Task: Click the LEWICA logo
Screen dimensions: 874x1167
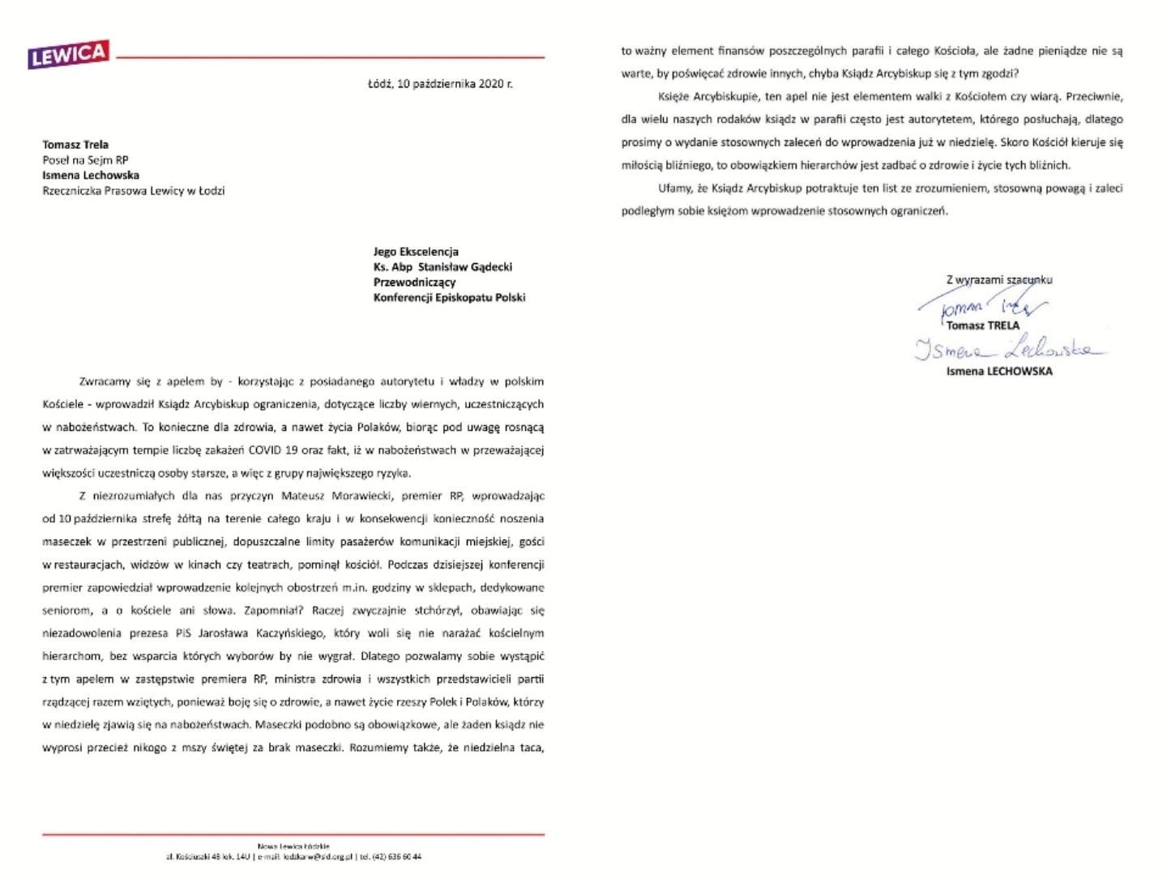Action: point(69,54)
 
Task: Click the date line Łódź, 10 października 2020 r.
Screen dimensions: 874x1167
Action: point(440,83)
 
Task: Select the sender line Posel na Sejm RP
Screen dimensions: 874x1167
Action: point(85,160)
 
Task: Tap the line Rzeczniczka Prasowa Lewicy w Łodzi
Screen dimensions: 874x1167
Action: point(134,190)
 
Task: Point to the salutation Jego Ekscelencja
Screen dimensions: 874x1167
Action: point(416,251)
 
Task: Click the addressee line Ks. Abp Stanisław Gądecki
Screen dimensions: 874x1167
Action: point(442,266)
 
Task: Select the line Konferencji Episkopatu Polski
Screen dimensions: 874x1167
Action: point(449,297)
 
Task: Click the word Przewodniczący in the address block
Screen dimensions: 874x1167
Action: point(414,282)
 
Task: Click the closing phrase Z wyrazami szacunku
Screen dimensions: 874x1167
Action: point(999,279)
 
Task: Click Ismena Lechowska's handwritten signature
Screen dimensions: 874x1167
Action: point(1009,349)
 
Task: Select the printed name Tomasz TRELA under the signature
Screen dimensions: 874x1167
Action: point(983,326)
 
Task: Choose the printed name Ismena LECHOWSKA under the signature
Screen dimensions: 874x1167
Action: point(999,371)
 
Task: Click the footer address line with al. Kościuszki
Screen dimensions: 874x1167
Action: point(293,856)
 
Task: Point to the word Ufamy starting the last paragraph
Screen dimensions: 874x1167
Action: point(674,188)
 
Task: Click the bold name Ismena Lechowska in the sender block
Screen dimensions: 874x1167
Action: point(91,175)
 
